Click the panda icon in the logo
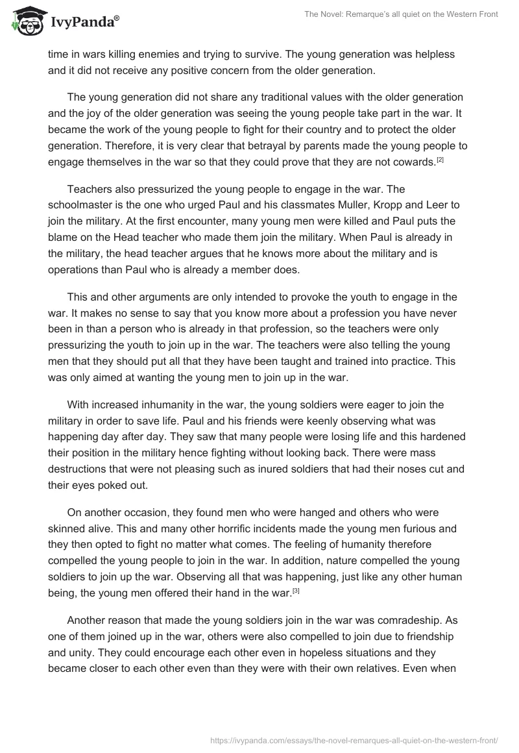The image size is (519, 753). point(25,20)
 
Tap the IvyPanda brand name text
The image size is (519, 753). point(84,22)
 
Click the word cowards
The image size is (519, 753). point(413,162)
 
